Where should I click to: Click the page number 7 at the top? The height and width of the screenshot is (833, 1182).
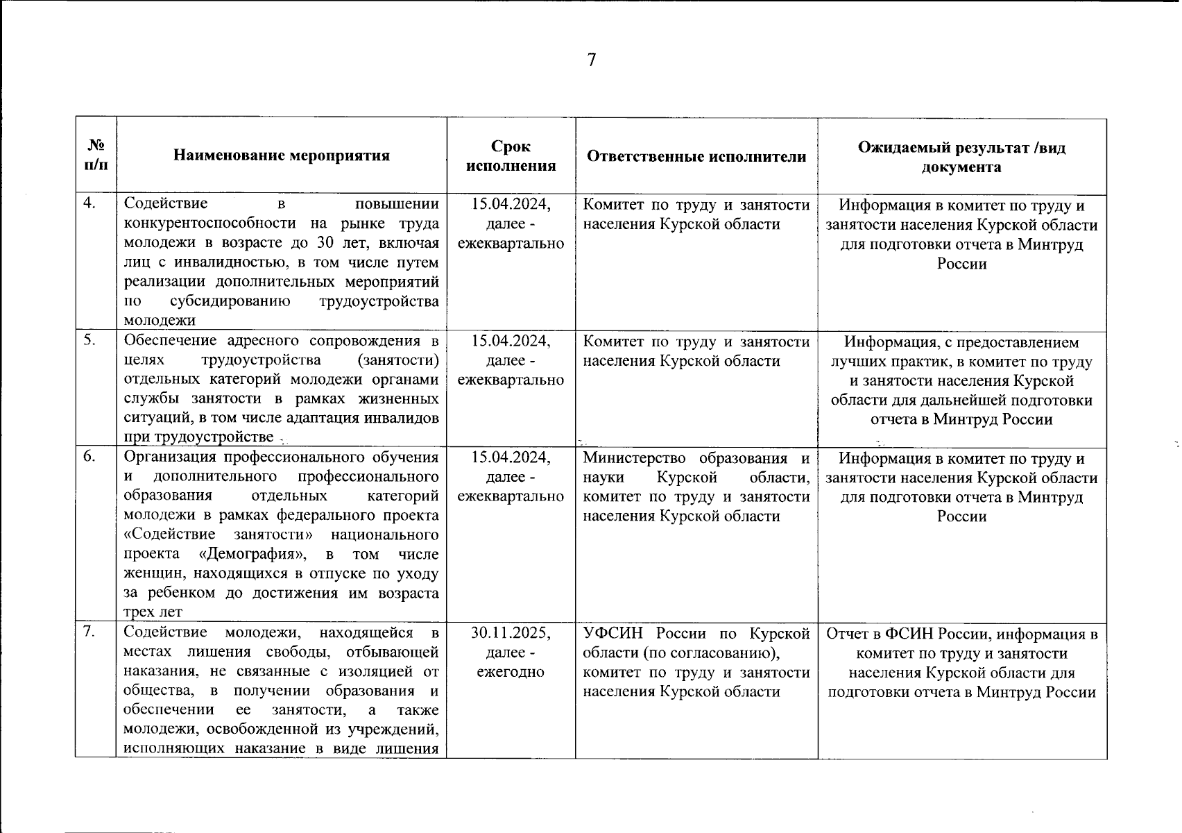[591, 60]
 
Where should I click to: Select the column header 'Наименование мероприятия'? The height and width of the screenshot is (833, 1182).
[281, 155]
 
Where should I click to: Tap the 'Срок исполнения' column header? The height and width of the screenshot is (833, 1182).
[511, 155]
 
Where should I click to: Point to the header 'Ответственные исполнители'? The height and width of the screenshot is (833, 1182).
[696, 156]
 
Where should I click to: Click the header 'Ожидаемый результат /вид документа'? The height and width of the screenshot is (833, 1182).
[961, 157]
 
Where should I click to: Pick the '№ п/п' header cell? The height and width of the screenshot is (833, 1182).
[96, 155]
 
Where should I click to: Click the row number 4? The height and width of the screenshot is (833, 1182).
[89, 203]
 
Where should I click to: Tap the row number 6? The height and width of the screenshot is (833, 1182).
[89, 457]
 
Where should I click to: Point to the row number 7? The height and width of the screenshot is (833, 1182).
[89, 632]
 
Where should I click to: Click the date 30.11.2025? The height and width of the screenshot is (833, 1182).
[511, 633]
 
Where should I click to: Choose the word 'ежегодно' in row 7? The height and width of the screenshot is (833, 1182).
[511, 672]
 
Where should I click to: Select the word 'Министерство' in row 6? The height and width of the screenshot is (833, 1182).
[634, 458]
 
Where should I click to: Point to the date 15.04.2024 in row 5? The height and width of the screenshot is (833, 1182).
[511, 341]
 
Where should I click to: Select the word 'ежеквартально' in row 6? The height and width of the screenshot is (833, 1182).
[511, 496]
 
